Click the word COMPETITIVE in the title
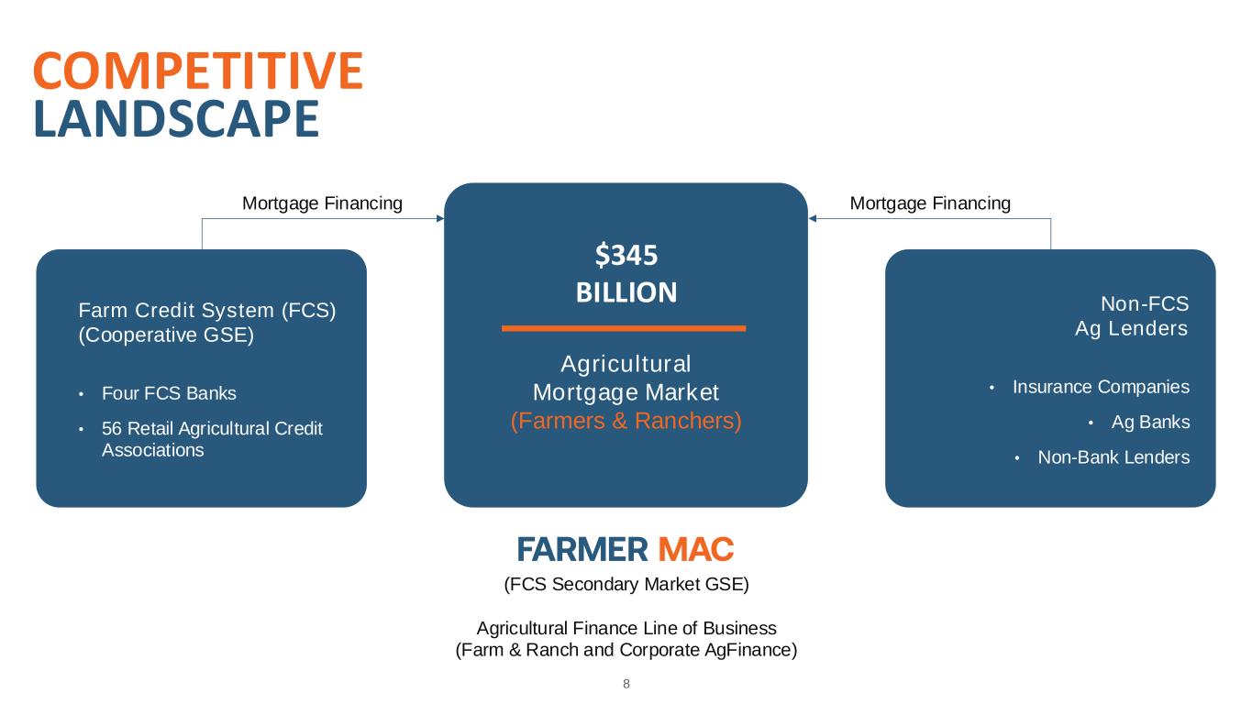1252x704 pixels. (x=197, y=71)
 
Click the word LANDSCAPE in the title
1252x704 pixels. (x=176, y=119)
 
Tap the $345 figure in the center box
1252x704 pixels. (x=626, y=254)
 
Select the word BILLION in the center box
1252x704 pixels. (x=626, y=292)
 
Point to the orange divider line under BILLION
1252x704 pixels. (x=624, y=327)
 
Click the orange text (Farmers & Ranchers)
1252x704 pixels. (x=626, y=421)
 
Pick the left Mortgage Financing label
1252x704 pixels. (x=322, y=203)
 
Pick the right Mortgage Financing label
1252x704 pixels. (x=930, y=203)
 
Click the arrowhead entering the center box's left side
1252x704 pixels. (x=439, y=218)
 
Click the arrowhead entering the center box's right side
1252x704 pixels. (x=813, y=218)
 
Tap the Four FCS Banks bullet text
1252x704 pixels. (x=169, y=393)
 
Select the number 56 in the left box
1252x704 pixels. (x=112, y=428)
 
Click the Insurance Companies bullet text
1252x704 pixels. (x=1101, y=387)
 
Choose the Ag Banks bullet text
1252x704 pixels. (x=1150, y=422)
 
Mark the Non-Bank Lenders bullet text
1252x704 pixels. (x=1114, y=456)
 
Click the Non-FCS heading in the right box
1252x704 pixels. (x=1144, y=304)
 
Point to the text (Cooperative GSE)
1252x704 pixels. (x=166, y=335)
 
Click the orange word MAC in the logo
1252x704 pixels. (x=696, y=550)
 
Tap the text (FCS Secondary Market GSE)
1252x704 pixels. (x=626, y=584)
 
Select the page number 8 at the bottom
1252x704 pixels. (x=626, y=684)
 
